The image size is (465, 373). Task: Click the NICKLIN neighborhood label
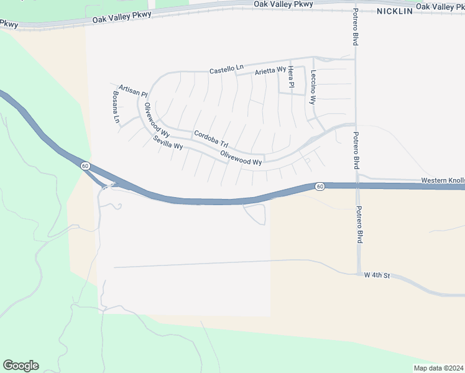pos(394,12)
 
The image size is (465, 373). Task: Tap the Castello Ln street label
pos(223,70)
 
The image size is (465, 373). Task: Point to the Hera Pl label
pos(290,78)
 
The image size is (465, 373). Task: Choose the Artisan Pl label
pos(132,91)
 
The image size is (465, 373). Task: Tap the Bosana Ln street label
pos(115,107)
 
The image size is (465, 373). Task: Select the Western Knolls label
pos(442,180)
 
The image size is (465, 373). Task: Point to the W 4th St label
pos(377,275)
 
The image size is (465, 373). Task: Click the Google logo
pos(21,366)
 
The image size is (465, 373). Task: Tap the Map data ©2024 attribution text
pos(438,368)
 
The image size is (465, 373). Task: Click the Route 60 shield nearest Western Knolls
pos(320,186)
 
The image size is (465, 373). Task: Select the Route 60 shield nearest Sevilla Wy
pos(85,166)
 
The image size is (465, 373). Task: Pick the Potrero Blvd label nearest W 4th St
pos(359,226)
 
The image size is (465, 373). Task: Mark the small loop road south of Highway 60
pos(257,215)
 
